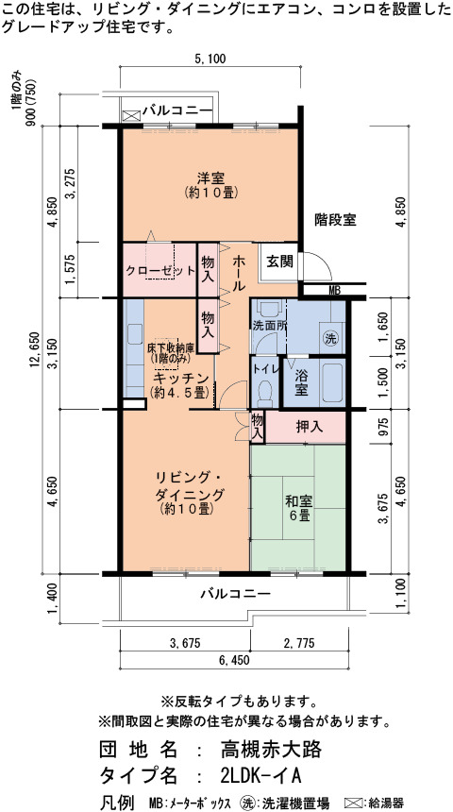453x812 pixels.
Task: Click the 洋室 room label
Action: click(210, 178)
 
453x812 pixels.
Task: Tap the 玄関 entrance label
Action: click(279, 262)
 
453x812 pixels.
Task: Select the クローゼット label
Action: click(161, 270)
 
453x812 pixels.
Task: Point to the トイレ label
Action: click(265, 369)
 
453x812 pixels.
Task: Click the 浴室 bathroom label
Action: click(301, 381)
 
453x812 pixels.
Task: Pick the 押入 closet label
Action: click(309, 427)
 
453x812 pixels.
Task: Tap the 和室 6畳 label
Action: click(298, 508)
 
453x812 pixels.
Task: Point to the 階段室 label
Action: click(335, 220)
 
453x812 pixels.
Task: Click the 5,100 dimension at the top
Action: click(210, 59)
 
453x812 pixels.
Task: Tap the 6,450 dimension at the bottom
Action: click(234, 659)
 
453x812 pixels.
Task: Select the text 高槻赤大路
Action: click(271, 749)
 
